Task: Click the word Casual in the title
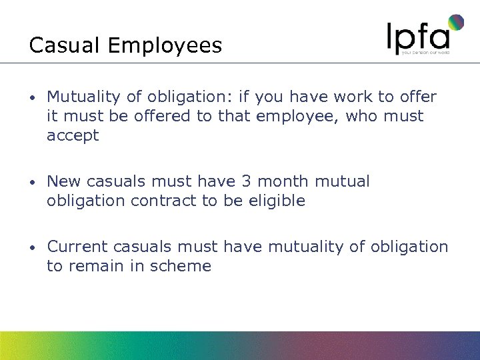[65, 45]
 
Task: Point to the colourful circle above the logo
[456, 23]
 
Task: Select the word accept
[73, 135]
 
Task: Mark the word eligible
[276, 201]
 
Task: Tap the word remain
[91, 266]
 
